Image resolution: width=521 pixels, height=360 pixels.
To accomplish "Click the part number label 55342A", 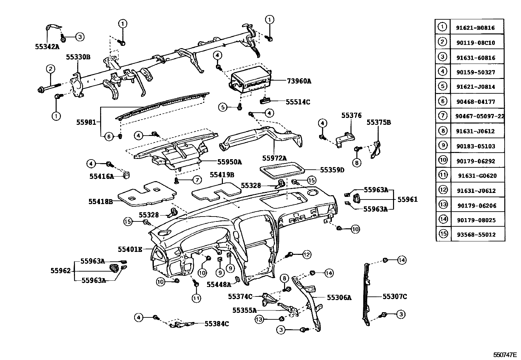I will coord(47,47).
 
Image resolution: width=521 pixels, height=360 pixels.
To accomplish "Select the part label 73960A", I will coord(299,81).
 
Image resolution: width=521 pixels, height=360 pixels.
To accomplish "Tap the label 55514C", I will coord(297,102).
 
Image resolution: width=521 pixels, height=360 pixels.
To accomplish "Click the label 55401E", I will coord(130,249).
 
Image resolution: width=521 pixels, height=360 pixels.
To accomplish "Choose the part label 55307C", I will coord(395,296).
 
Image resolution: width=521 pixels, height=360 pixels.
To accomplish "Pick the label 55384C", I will coord(217,324).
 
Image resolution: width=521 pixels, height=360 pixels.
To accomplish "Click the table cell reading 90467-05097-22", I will coord(479,116).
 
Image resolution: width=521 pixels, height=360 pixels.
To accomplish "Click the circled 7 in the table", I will coord(442,116).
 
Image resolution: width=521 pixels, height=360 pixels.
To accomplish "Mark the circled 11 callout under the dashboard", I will coord(196,298).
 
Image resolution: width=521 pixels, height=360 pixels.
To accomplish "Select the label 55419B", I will coord(222,175).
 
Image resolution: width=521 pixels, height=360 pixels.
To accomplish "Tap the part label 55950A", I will coord(229,162).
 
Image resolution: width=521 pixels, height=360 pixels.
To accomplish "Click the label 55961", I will coord(407,199).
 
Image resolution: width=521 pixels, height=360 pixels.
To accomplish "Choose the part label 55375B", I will coord(379,122).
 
